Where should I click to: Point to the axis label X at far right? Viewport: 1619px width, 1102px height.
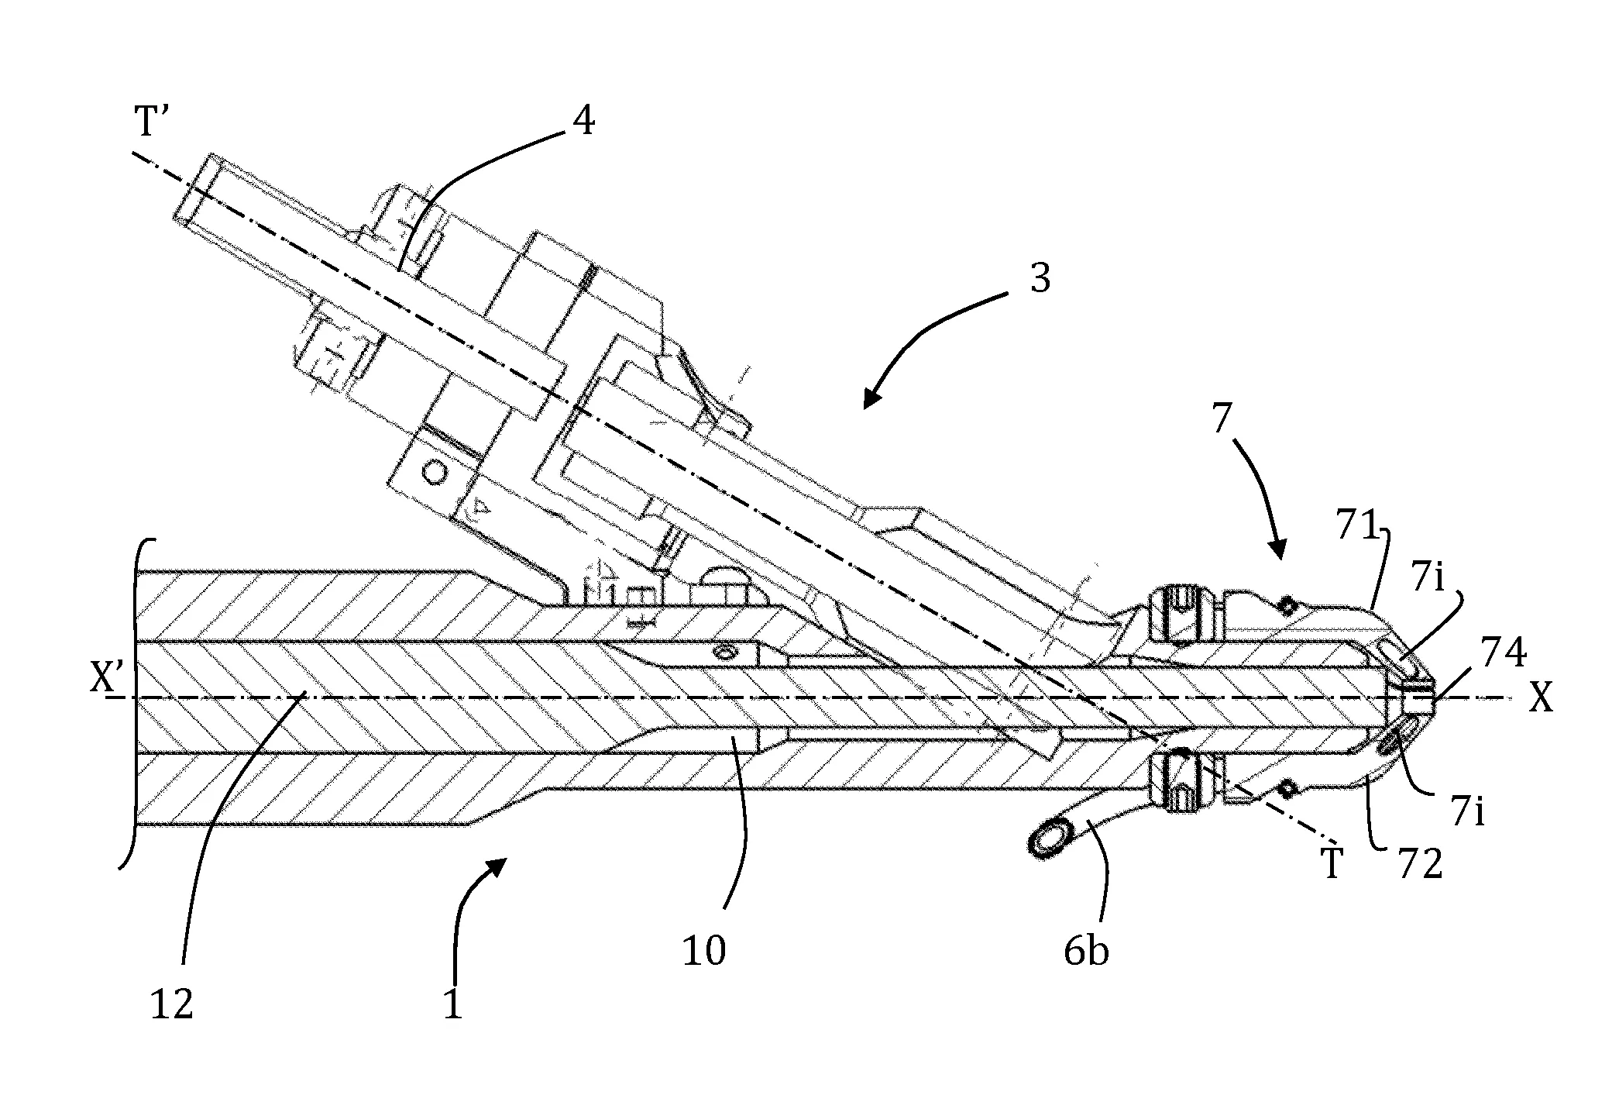click(1542, 699)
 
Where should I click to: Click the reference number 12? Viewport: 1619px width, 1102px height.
click(171, 1005)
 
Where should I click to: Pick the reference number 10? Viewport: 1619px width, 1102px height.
click(703, 951)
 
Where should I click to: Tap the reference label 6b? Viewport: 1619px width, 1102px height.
click(1086, 950)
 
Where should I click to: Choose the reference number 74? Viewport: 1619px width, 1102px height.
click(1504, 652)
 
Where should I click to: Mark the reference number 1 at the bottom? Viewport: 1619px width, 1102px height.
click(452, 1004)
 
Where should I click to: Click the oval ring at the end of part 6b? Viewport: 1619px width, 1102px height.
click(1049, 839)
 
